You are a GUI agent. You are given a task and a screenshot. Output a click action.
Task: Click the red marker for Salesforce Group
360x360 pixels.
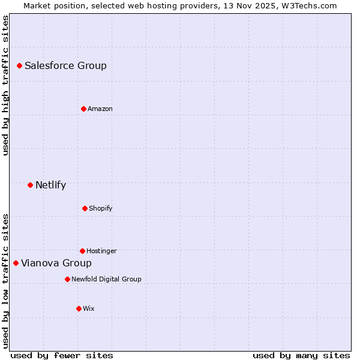tap(19, 65)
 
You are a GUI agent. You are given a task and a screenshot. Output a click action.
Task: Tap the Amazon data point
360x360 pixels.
tap(83, 109)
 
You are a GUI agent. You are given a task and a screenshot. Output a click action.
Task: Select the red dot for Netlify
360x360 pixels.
tap(30, 185)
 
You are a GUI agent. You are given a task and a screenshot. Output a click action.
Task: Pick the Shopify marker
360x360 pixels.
tap(85, 208)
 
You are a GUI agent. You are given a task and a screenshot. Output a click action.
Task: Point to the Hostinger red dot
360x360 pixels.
tap(82, 251)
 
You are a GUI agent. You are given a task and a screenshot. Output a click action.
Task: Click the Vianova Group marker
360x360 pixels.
tap(16, 263)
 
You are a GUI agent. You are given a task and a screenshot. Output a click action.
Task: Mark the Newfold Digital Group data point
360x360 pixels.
tap(67, 279)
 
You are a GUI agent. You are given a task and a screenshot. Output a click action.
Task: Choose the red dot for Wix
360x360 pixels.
tap(79, 308)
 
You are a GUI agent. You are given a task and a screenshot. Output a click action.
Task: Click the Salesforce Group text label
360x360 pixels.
tap(65, 65)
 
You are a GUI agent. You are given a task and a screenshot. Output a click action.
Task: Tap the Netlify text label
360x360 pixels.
tap(50, 185)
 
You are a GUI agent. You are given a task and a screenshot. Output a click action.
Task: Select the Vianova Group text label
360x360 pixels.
tap(56, 263)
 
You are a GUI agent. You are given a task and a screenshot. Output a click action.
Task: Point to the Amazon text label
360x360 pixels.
tap(100, 109)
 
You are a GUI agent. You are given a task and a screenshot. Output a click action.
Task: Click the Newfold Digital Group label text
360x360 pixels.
tap(106, 279)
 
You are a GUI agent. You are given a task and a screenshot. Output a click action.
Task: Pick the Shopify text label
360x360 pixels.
tap(100, 208)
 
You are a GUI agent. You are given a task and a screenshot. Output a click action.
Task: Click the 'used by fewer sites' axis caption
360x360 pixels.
tap(62, 355)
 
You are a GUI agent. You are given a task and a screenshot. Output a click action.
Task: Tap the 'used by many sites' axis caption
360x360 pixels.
tap(301, 355)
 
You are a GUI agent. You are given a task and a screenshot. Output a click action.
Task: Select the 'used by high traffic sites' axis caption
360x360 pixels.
tap(5, 85)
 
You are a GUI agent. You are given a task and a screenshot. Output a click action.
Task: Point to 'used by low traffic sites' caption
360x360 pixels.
tap(5, 280)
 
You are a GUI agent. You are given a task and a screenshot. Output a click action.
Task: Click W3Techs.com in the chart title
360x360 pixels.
tap(310, 5)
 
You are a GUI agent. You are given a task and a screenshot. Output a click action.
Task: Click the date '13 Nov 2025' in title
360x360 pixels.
tap(251, 5)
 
